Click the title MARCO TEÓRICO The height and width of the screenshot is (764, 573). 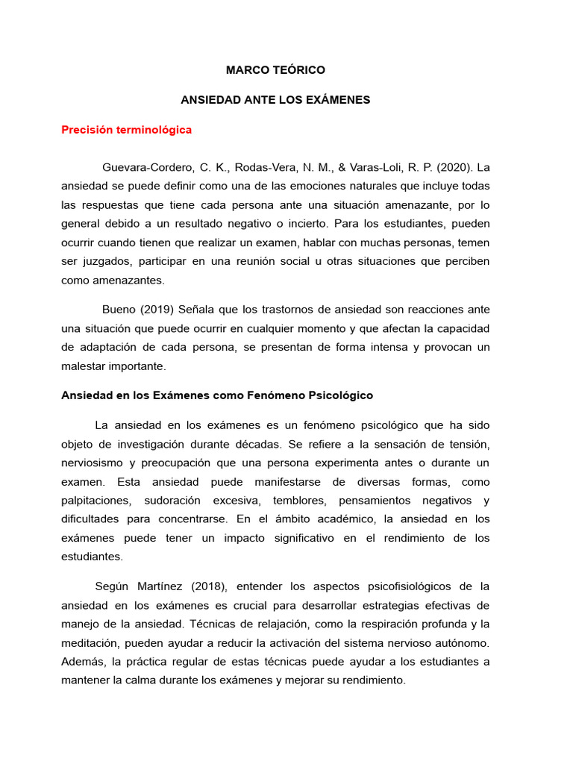276,70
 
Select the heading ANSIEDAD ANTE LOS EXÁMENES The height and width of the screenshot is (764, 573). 276,99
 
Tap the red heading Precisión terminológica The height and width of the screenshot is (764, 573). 126,130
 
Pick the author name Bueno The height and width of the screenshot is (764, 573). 119,310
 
